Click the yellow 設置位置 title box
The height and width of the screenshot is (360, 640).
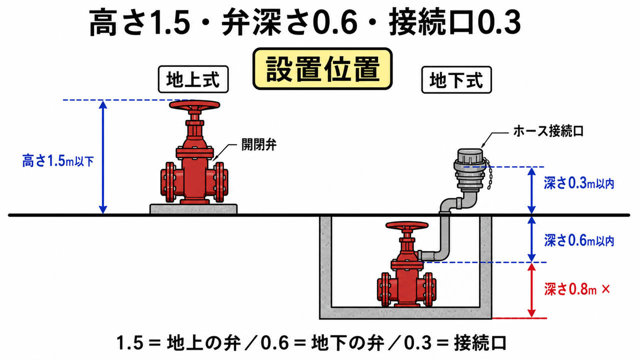[x=322, y=69]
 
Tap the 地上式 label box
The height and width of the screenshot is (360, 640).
[x=193, y=79]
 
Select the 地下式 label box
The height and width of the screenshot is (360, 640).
[x=456, y=79]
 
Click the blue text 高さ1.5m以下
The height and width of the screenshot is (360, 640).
[x=58, y=161]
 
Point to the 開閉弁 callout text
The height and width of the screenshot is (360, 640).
[x=259, y=145]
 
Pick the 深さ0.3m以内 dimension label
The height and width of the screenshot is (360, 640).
[x=579, y=183]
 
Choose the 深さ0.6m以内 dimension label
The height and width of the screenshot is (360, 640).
[x=579, y=240]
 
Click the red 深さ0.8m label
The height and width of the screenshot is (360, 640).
[x=570, y=289]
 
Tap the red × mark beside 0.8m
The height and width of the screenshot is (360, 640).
[x=605, y=289]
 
